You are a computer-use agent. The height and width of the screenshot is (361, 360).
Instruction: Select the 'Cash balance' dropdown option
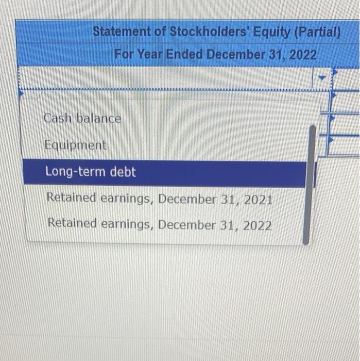(x=82, y=119)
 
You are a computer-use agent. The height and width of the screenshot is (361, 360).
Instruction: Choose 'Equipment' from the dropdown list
(x=76, y=145)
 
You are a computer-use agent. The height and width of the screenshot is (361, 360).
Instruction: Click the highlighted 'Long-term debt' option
(x=91, y=172)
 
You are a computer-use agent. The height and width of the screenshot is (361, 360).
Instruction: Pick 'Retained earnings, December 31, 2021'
(x=159, y=199)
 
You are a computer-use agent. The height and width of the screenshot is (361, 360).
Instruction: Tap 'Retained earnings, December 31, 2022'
(x=159, y=225)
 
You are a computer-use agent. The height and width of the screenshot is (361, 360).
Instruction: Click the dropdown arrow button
(x=322, y=78)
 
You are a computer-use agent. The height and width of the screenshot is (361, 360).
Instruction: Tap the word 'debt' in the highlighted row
(x=123, y=172)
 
